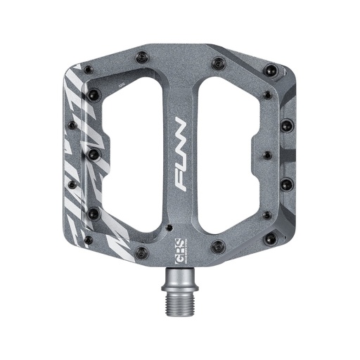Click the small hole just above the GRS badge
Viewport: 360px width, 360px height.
coord(169,227)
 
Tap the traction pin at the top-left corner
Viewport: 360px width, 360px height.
coord(88,69)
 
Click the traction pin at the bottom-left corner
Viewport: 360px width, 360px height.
coord(88,240)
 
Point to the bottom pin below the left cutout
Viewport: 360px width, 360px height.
coord(143,252)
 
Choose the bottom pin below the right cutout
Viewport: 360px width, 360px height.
coord(218,247)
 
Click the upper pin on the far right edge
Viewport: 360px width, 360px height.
coord(286,126)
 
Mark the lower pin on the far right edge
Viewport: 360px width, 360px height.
coord(286,184)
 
